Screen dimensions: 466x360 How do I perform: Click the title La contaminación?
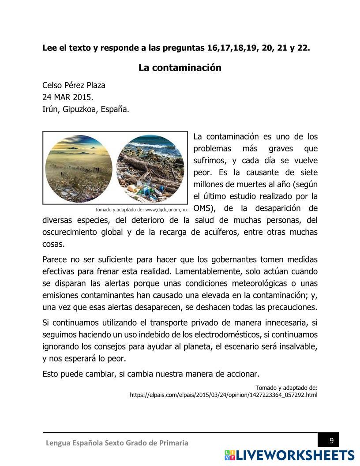(x=180, y=68)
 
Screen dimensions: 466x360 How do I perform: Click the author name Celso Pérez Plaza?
(x=74, y=85)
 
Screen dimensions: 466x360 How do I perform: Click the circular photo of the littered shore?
(x=150, y=168)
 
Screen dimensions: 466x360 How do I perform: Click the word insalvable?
(x=296, y=346)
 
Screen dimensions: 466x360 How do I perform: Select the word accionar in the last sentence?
(x=242, y=374)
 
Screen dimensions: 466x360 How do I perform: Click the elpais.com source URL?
(x=223, y=395)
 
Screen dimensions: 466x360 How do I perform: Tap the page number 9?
(x=331, y=440)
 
